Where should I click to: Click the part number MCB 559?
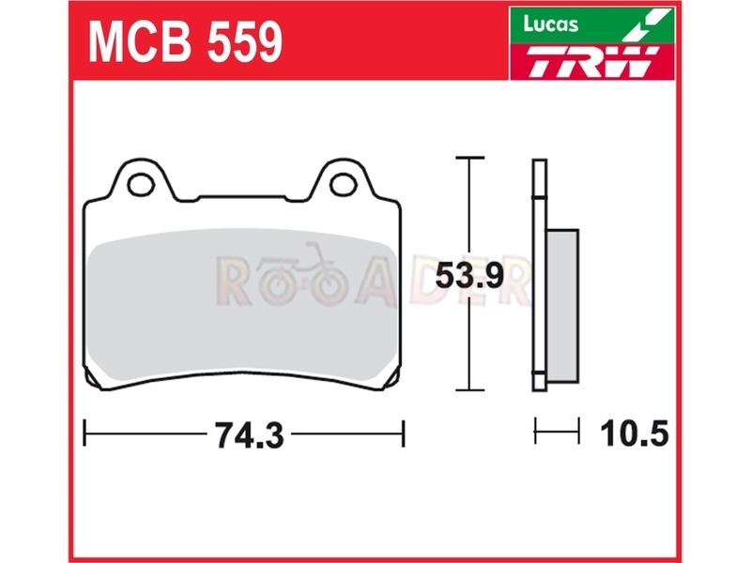185,42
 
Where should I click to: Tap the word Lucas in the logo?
550,24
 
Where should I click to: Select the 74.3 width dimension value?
249,435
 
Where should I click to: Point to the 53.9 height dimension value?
468,276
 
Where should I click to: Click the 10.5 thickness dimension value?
634,434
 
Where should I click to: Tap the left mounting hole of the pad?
141,184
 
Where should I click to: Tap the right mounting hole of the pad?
344,185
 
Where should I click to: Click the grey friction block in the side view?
562,306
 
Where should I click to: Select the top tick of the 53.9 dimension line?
469,157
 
